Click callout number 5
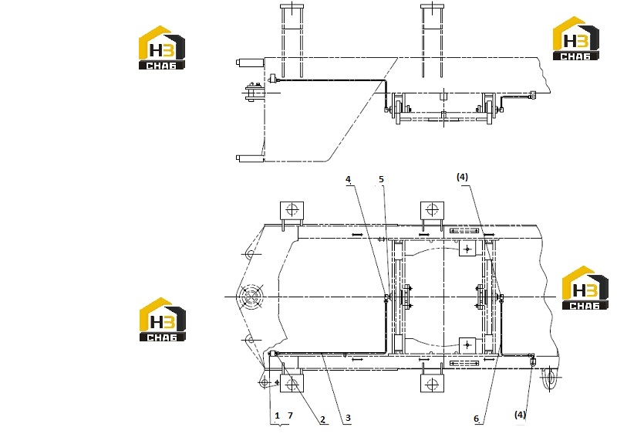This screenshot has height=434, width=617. point(381,179)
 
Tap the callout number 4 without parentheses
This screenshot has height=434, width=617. point(348,179)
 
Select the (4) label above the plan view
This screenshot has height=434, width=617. point(462,177)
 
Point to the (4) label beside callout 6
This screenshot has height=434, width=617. point(520,415)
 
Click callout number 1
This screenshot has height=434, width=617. point(277,415)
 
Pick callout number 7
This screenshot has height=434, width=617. point(291,415)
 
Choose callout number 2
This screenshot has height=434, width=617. point(322,419)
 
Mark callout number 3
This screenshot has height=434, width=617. point(348,419)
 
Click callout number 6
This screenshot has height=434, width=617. point(476,419)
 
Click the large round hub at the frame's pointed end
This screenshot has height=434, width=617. point(252,297)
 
